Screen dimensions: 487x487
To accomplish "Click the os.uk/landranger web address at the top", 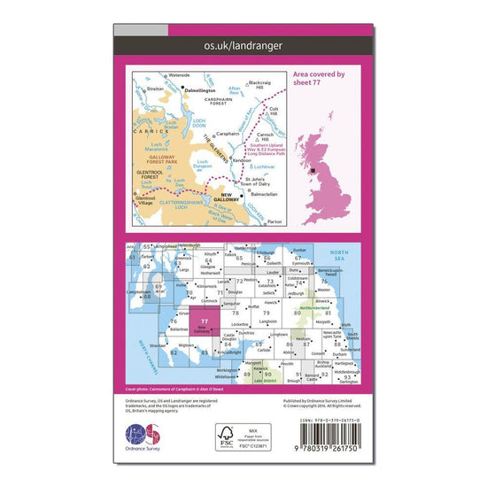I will pyautogui.click(x=243, y=42).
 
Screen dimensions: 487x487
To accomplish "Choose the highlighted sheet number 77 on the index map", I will pyautogui.click(x=205, y=321).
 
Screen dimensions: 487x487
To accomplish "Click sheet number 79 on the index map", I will pyautogui.click(x=266, y=313).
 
